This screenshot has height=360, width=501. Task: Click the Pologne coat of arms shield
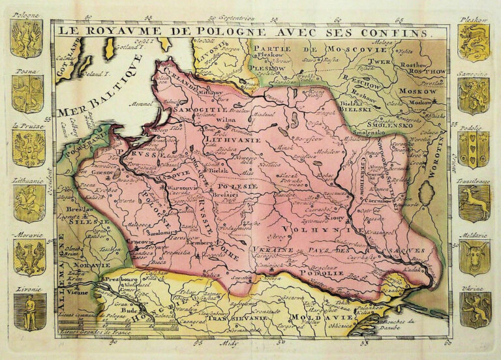tap(26, 38)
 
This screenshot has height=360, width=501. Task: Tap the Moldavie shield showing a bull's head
tap(474, 256)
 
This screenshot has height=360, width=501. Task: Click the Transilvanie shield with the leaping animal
tap(474, 203)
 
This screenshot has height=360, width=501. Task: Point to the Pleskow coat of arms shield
tap(474, 42)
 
